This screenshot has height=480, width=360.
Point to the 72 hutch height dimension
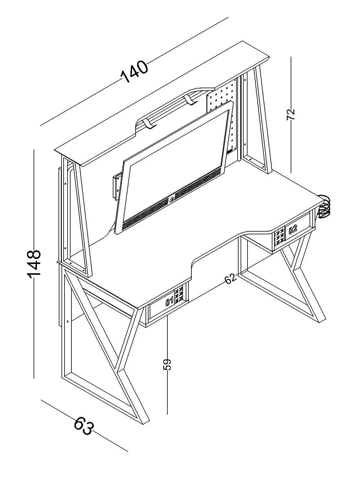pyautogui.click(x=291, y=114)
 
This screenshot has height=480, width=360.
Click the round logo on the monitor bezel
pyautogui.click(x=172, y=199)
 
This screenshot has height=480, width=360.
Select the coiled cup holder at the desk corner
pyautogui.click(x=324, y=206)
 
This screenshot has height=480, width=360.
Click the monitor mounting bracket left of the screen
pyautogui.click(x=117, y=186)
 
